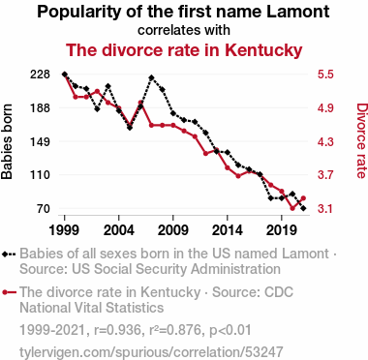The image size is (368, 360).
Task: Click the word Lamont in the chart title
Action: [x=298, y=12]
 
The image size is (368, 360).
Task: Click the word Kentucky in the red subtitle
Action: [x=263, y=50]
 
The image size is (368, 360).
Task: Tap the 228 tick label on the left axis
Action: [x=41, y=75]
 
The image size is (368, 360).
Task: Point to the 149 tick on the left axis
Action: [x=41, y=141]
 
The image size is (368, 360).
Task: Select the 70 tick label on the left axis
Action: [x=44, y=209]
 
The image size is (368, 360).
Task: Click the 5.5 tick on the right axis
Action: [x=325, y=75]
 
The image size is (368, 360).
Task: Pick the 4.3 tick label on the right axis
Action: [x=325, y=141]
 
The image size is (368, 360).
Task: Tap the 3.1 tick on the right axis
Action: [x=325, y=209]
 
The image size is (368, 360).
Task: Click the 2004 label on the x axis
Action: [x=119, y=230]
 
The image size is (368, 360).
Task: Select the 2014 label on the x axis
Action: [x=228, y=230]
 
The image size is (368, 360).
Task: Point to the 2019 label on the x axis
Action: [x=282, y=230]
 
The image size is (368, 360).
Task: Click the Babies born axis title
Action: [x=7, y=141]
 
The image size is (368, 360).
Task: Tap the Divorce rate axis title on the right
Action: [x=361, y=140]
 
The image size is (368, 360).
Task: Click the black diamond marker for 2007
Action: [x=151, y=77]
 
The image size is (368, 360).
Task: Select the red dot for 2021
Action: [x=303, y=198]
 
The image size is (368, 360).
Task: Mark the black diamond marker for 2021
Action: [x=303, y=209]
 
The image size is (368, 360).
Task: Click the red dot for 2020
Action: [x=292, y=208]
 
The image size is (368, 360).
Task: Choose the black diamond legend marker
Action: [x=4, y=254]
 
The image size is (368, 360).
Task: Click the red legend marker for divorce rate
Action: [x=5, y=292]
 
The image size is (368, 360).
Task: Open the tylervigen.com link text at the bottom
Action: [x=151, y=352]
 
